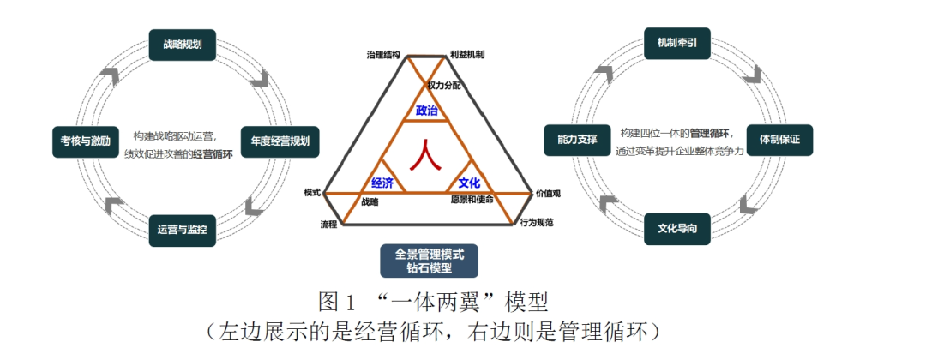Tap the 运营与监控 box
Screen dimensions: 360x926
pyautogui.click(x=182, y=231)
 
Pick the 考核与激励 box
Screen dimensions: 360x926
pyautogui.click(x=86, y=141)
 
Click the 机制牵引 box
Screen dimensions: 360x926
pyautogui.click(x=676, y=44)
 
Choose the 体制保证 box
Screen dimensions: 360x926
pyautogui.click(x=779, y=139)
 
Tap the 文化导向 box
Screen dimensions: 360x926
pyautogui.click(x=676, y=229)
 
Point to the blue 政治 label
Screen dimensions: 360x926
pyautogui.click(x=426, y=111)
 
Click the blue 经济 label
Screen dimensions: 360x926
pyautogui.click(x=382, y=183)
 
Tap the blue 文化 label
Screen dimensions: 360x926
pyautogui.click(x=469, y=183)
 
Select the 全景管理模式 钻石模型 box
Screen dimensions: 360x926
pyautogui.click(x=429, y=261)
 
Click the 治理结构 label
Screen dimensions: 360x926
pyautogui.click(x=382, y=55)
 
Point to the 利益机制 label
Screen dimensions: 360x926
pyautogui.click(x=467, y=55)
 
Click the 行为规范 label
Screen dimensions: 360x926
pyautogui.click(x=537, y=223)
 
